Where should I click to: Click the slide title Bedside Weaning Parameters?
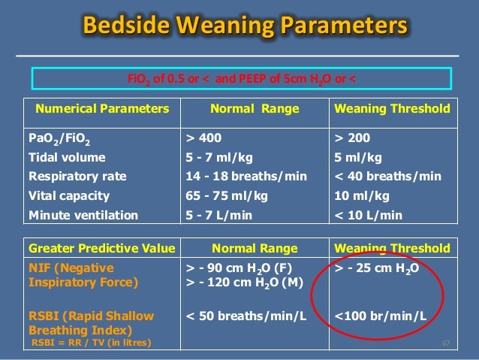pos(246,27)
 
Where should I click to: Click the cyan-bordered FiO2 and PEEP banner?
pos(240,80)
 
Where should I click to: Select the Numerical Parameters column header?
pos(98,109)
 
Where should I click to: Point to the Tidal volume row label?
pos(66,158)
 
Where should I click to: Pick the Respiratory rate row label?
pos(77,177)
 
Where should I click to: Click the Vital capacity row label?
pos(69,195)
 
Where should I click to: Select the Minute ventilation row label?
pos(83,215)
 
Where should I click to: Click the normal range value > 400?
pos(203,138)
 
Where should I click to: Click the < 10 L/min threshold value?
pos(369,215)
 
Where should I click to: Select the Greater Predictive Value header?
pos(101,247)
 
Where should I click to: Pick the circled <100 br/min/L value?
pos(380,315)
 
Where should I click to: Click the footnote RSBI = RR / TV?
pos(90,343)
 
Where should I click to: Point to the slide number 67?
pos(445,343)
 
